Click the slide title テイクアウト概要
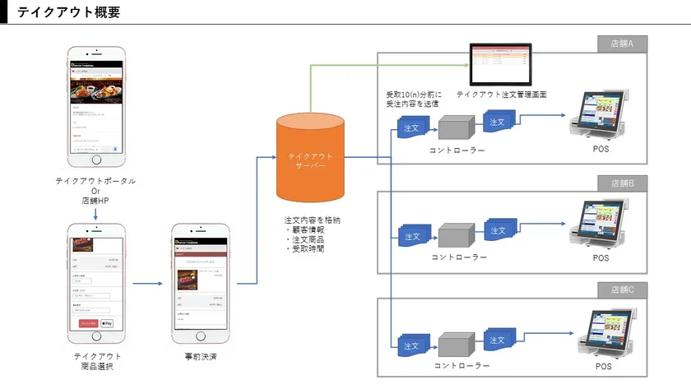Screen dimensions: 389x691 tap(68, 12)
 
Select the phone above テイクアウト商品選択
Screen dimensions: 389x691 tap(95, 284)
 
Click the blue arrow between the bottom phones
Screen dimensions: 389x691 tap(147, 284)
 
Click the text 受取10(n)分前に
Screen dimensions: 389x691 tap(413, 93)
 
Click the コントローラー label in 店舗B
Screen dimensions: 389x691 tap(458, 257)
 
